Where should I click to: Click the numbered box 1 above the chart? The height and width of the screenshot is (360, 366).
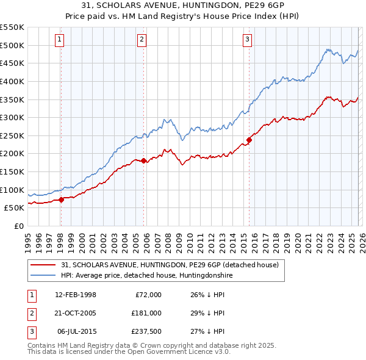60,40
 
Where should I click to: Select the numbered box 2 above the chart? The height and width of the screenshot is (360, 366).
142,40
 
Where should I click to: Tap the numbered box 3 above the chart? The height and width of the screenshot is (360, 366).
248,40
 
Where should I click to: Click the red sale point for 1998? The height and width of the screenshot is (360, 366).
62,200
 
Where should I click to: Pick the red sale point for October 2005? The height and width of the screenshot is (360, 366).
144,161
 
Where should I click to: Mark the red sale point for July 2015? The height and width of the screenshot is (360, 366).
249,140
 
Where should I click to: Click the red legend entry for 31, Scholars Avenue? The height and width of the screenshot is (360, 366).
170,265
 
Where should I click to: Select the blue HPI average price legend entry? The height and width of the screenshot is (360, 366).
147,276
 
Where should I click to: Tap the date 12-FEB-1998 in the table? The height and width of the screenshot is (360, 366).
76,295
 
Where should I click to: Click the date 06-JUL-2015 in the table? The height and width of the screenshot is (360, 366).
77,331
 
